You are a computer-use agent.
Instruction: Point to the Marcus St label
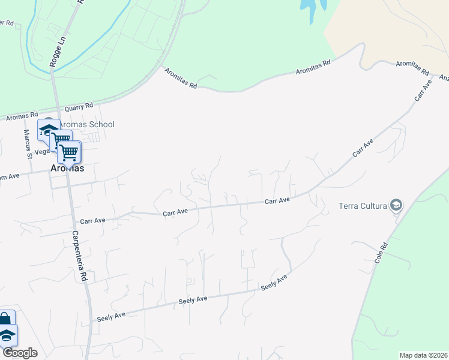(28, 144)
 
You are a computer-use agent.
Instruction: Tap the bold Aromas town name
(67, 169)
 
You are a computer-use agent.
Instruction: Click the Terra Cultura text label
(363, 206)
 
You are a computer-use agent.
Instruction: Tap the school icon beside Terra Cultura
(396, 206)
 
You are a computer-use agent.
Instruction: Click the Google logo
(20, 353)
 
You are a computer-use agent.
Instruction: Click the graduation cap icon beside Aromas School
(48, 130)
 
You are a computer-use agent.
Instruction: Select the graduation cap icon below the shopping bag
(7, 335)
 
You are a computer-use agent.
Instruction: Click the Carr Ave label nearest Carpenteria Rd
(92, 221)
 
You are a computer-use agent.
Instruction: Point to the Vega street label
(41, 152)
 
